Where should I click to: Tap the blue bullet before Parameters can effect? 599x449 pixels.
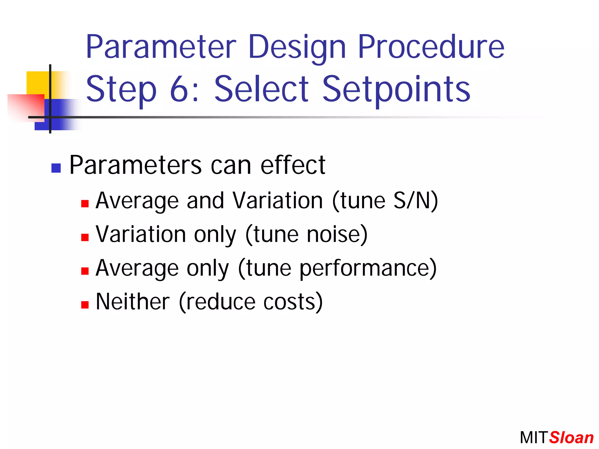(x=56, y=168)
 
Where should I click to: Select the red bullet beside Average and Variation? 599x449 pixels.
(x=85, y=203)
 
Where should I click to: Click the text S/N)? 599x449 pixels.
(x=416, y=201)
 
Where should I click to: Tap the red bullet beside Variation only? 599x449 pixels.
(x=85, y=237)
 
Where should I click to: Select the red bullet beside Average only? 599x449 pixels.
(x=85, y=271)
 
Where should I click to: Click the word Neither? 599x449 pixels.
(x=132, y=302)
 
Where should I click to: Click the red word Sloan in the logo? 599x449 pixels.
(x=571, y=438)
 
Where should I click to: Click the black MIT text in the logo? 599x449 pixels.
(x=533, y=438)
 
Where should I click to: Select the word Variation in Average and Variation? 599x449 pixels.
(x=278, y=201)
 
